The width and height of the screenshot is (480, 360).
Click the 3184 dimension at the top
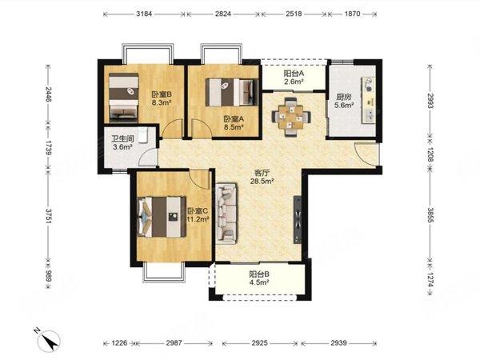click(144, 14)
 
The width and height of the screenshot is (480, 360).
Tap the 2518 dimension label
click(294, 14)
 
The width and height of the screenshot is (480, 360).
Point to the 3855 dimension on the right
click(430, 216)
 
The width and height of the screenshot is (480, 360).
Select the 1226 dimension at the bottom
click(119, 343)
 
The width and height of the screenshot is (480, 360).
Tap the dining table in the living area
click(291, 117)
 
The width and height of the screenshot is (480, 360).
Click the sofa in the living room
click(226, 214)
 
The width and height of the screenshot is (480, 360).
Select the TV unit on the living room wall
click(298, 220)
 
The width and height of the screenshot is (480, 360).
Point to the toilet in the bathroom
click(143, 135)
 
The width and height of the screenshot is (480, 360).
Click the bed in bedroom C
click(162, 217)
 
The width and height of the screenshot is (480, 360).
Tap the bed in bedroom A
click(231, 93)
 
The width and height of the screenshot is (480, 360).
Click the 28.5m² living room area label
click(262, 182)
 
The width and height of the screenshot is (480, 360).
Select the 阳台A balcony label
click(294, 74)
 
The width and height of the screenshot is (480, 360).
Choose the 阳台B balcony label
click(259, 274)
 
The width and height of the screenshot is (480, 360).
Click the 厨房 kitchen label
click(344, 98)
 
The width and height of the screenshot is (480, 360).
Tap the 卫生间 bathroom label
click(122, 138)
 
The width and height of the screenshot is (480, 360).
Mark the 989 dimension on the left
click(49, 277)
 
